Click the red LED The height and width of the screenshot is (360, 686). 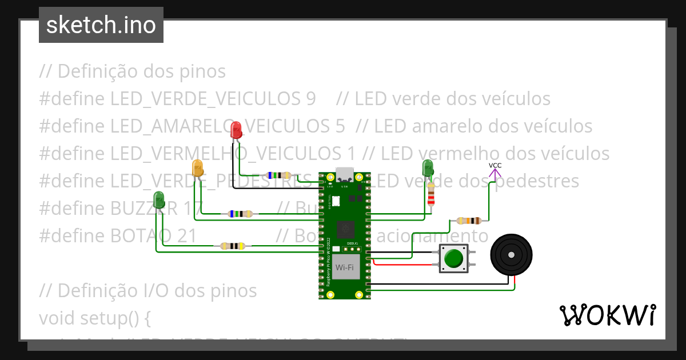(x=236, y=130)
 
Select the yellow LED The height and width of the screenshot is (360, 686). (x=197, y=168)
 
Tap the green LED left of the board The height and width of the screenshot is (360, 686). (x=159, y=200)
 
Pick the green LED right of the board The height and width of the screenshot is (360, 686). (x=428, y=168)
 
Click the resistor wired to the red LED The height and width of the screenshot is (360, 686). (x=278, y=176)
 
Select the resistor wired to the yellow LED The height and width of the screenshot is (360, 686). (x=240, y=214)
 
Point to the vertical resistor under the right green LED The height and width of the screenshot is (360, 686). (x=431, y=195)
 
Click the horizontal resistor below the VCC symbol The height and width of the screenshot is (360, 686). (x=469, y=221)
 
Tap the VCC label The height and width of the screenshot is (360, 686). (x=495, y=166)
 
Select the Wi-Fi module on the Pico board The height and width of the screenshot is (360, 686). (x=344, y=267)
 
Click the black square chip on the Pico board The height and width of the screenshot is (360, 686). (x=345, y=229)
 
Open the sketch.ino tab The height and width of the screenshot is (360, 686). (x=101, y=25)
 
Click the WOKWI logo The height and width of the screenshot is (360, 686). (x=607, y=315)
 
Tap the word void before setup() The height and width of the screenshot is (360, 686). (x=55, y=317)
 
